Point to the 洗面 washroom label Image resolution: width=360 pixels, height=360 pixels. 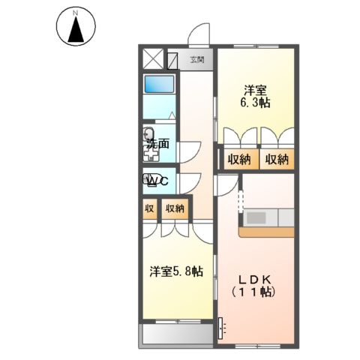click(157, 143)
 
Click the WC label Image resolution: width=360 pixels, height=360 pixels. click(157, 181)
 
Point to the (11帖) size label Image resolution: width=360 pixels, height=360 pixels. click(255, 292)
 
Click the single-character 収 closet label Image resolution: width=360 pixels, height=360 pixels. click(148, 209)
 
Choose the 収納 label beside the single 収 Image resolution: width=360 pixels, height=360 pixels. click(175, 209)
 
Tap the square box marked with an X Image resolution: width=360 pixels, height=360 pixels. click(152, 58)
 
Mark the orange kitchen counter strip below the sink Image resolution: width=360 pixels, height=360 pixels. click(266, 232)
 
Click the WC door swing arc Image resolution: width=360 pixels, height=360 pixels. click(187, 181)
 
